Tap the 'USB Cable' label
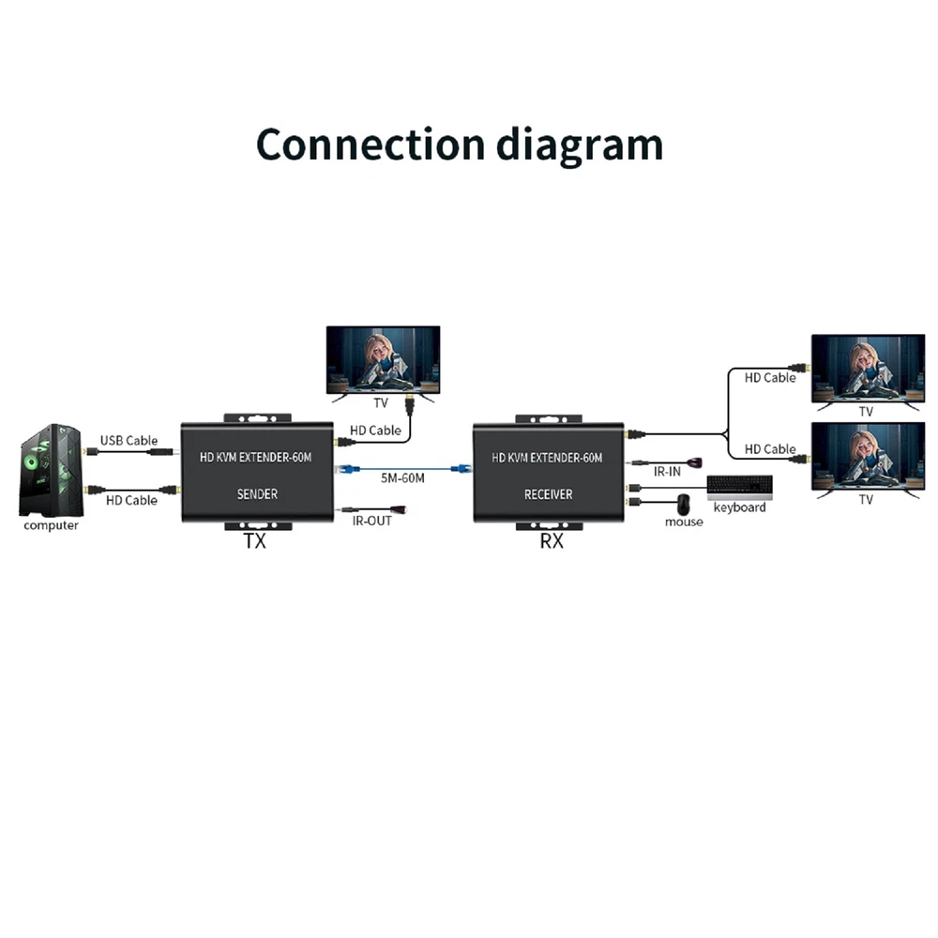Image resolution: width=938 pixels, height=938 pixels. [129, 440]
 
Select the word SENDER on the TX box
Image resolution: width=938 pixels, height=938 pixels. [257, 493]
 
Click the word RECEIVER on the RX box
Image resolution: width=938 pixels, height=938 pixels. [549, 493]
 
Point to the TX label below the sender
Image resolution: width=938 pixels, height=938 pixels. [254, 541]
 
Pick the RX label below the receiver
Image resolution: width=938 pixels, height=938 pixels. [552, 541]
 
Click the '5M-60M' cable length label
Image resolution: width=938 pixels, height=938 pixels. [402, 478]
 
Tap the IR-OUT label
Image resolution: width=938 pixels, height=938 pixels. [371, 521]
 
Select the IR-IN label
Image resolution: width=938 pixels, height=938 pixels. [666, 472]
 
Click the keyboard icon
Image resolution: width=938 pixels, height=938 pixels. [740, 486]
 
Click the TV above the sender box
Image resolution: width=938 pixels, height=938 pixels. [382, 361]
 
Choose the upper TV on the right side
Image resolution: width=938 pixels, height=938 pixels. [867, 368]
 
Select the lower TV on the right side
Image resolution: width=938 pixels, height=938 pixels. [867, 455]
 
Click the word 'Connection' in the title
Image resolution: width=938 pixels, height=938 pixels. [371, 144]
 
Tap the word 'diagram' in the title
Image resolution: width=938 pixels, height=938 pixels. [579, 146]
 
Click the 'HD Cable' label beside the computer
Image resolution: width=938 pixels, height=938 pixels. [131, 500]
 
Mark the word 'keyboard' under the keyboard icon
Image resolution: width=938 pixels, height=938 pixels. [739, 507]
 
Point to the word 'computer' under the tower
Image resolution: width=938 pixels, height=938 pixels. [51, 525]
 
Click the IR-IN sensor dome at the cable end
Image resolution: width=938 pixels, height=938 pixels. [696, 462]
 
